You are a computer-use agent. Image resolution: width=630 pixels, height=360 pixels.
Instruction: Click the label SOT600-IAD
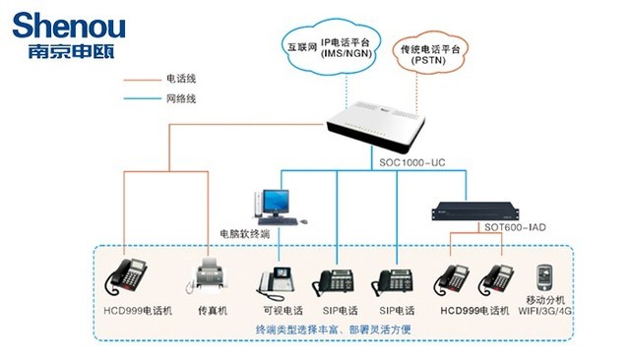pyautogui.click(x=512, y=228)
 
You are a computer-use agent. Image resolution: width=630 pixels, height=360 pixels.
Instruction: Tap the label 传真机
pyautogui.click(x=212, y=310)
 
